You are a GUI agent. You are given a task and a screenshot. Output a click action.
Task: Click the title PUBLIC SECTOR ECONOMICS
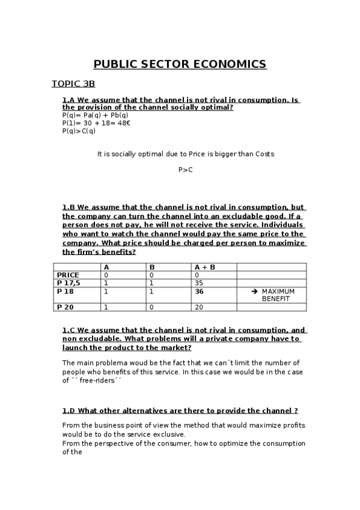pyautogui.click(x=180, y=64)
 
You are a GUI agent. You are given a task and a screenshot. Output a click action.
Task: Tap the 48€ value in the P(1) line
pyautogui.click(x=124, y=123)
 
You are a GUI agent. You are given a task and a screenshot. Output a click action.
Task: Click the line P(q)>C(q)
pyautogui.click(x=79, y=131)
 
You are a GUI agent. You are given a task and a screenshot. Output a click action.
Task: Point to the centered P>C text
pyautogui.click(x=186, y=170)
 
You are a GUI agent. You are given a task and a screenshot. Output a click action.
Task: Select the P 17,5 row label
pyautogui.click(x=69, y=283)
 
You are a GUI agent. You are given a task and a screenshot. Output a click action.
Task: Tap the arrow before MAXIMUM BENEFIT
pyautogui.click(x=254, y=291)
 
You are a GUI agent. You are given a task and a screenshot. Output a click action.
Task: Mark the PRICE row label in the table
pyautogui.click(x=68, y=275)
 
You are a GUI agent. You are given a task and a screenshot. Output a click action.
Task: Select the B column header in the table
pyautogui.click(x=152, y=266)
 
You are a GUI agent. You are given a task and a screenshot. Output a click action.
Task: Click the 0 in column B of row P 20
pyautogui.click(x=151, y=307)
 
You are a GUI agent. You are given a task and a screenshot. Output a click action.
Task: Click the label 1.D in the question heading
pyautogui.click(x=68, y=411)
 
